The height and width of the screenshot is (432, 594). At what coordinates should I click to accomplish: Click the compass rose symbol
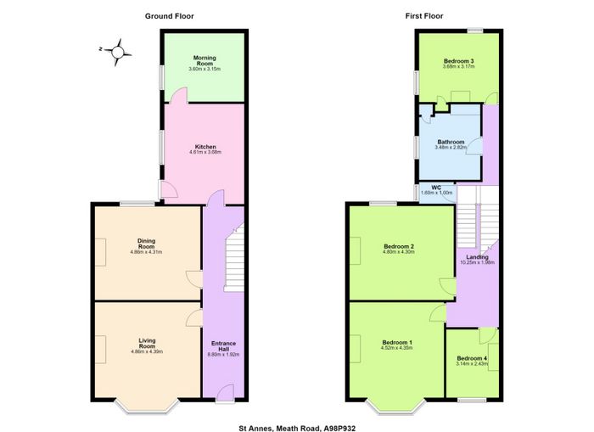[117, 53]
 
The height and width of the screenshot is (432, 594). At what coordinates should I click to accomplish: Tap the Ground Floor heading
[170, 16]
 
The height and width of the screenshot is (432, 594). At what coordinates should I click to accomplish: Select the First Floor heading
[424, 16]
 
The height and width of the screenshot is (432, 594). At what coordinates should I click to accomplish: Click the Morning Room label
[205, 60]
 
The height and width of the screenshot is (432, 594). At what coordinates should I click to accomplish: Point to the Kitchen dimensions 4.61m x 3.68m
[205, 152]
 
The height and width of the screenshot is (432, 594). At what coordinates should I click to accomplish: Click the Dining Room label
[146, 244]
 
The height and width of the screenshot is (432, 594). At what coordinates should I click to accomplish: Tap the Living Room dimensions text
[147, 351]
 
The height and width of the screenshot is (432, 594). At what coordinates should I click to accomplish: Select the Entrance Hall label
[223, 346]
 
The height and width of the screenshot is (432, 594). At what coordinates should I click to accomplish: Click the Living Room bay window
[147, 407]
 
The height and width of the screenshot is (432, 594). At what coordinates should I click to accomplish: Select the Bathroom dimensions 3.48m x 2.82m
[451, 147]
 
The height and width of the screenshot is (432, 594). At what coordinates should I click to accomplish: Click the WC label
[436, 188]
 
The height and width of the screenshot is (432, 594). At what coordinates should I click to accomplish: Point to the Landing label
[477, 257]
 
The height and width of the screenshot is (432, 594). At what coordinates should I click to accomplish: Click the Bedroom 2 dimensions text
[399, 251]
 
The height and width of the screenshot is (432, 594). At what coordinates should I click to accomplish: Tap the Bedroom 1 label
[397, 342]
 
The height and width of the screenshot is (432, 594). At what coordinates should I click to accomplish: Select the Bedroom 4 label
[472, 358]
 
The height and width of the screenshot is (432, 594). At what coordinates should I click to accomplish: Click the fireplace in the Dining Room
[100, 252]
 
